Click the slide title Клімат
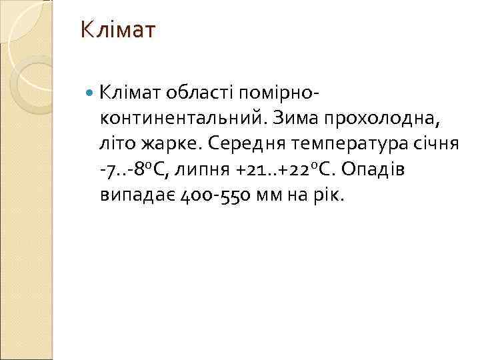click(117, 30)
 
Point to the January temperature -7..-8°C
click(133, 170)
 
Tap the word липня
click(200, 171)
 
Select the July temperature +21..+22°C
click(287, 170)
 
